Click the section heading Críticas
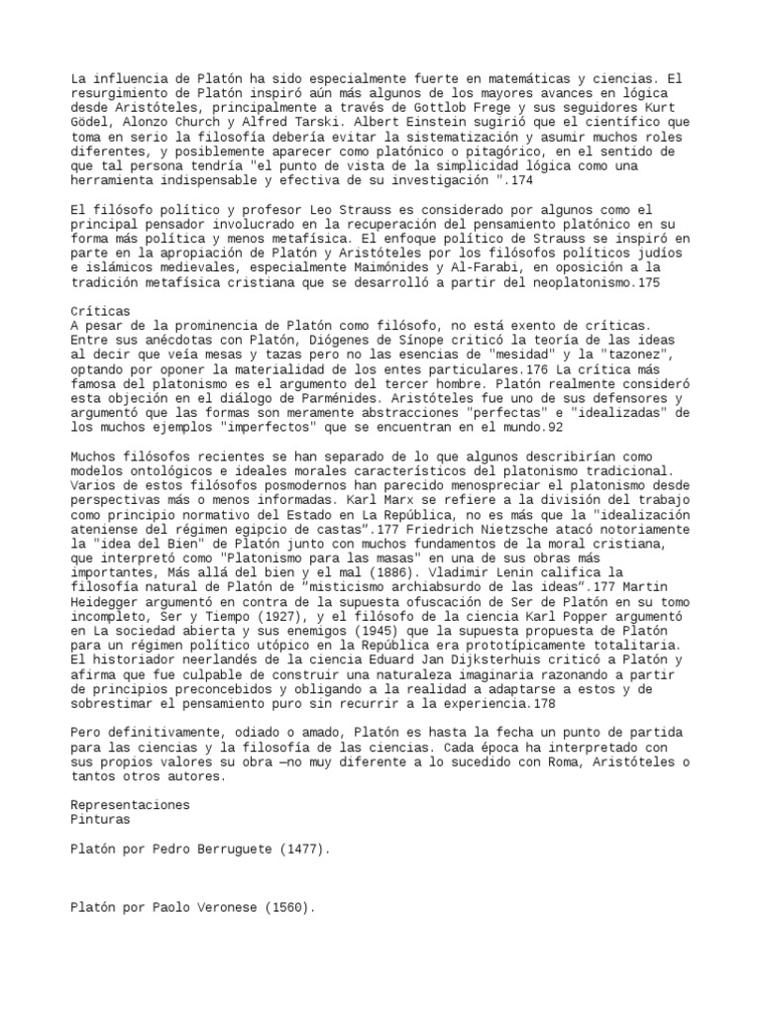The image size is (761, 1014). (x=101, y=310)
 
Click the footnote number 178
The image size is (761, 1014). (x=542, y=703)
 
